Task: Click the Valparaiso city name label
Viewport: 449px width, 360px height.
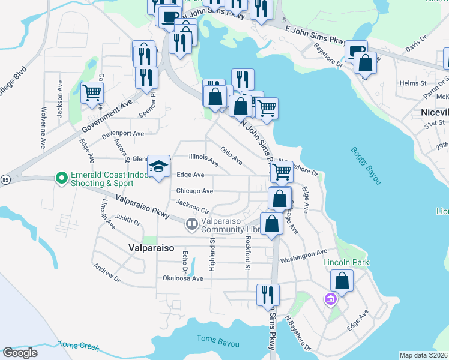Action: tap(151, 247)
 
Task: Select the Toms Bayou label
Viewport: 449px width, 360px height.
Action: tap(218, 344)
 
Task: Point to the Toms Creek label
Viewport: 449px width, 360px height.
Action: tap(78, 345)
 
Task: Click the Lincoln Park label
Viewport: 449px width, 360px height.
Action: tap(346, 262)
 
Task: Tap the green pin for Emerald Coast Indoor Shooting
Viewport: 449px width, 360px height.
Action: tap(61, 178)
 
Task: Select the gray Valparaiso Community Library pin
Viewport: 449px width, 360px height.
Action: tap(192, 224)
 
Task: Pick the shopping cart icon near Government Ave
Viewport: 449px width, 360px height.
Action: tap(92, 92)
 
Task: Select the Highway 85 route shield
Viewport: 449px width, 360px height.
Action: tap(5, 179)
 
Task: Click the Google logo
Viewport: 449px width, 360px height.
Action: tap(20, 353)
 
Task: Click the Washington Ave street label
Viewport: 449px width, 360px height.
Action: tap(304, 256)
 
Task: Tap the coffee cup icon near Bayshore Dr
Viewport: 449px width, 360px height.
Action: tap(357, 50)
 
